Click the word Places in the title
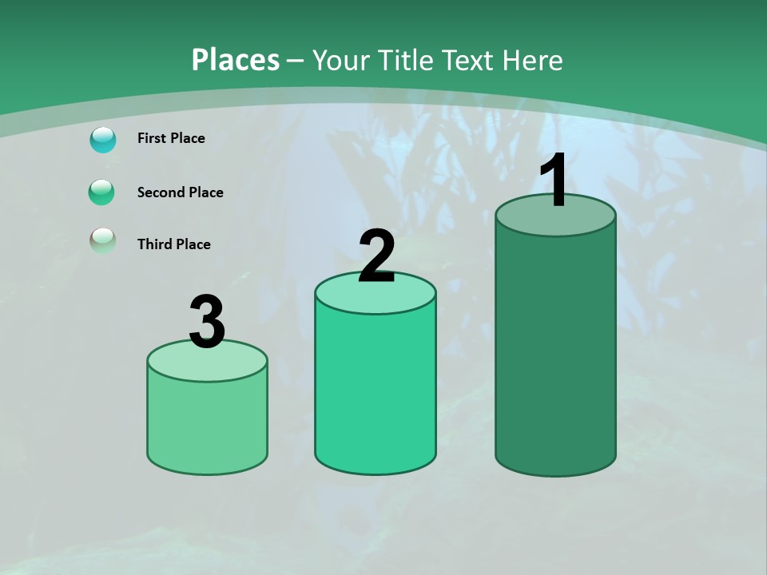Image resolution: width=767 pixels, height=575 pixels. (x=236, y=60)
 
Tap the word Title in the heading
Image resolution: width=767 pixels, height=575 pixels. (x=403, y=61)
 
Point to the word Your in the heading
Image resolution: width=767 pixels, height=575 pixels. (x=340, y=61)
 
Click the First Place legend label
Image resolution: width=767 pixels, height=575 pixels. (x=171, y=138)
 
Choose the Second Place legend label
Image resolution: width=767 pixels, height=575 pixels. (x=180, y=192)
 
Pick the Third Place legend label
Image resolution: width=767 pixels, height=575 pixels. (x=173, y=244)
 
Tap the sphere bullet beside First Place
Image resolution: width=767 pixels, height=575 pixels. (x=103, y=140)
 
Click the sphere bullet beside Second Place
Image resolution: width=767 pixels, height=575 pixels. (x=102, y=192)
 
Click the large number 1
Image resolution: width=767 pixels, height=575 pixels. (x=554, y=181)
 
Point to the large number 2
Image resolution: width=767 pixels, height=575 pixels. (x=376, y=256)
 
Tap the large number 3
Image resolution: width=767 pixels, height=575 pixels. (x=207, y=323)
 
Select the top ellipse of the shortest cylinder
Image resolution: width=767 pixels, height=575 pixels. (x=208, y=365)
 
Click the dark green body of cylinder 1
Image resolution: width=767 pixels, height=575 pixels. (x=555, y=351)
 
